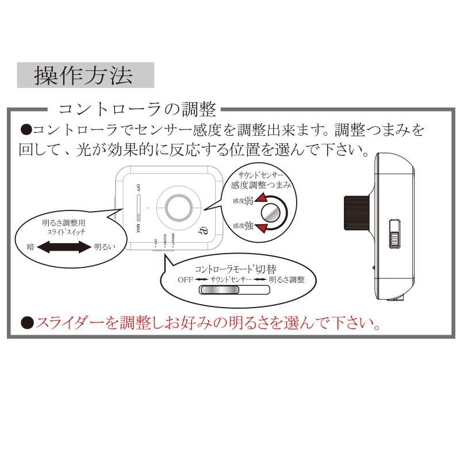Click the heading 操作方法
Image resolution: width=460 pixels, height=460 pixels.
85,75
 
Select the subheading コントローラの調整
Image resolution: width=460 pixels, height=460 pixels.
138,109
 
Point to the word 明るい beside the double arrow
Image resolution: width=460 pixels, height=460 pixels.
106,248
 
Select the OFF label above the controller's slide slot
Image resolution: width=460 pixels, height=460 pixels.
139,188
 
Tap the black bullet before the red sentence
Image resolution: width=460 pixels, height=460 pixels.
26,323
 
